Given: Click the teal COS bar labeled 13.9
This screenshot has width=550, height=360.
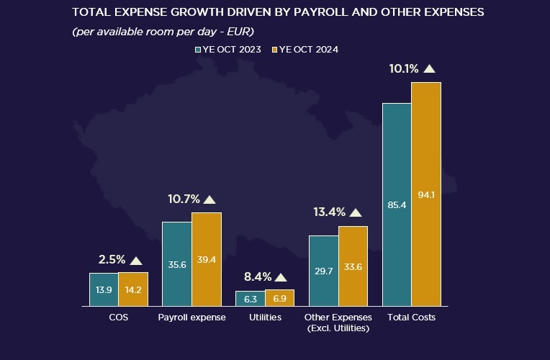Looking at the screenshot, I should [104, 289].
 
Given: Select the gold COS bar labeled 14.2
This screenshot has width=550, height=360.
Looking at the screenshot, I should [133, 289].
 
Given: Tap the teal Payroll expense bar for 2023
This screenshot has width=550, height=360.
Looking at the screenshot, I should [177, 264].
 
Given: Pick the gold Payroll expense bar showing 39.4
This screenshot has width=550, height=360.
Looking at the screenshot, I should [207, 260].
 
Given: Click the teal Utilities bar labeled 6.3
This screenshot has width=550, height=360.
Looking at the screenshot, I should [250, 299].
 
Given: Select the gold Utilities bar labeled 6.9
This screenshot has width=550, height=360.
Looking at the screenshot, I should [279, 298].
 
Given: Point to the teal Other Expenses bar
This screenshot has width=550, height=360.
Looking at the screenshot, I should [323, 271].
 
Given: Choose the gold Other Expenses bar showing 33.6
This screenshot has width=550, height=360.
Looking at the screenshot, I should [353, 266].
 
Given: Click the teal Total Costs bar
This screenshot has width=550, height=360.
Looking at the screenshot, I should [397, 205].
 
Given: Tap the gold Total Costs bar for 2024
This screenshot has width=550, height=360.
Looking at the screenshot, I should [426, 194].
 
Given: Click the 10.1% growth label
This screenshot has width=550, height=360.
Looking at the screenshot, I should [403, 69].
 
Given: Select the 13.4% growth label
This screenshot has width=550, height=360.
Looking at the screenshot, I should [329, 212].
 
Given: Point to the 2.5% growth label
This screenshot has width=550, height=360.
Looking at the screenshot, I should [112, 260].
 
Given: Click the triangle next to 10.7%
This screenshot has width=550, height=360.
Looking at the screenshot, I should [209, 199].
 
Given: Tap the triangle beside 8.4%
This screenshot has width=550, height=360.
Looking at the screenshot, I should [281, 277].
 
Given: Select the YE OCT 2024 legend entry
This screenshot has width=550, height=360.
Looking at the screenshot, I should [305, 50].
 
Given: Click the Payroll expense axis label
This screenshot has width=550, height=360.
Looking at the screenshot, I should [191, 318].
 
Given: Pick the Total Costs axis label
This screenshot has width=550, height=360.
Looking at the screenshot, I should [411, 318].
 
